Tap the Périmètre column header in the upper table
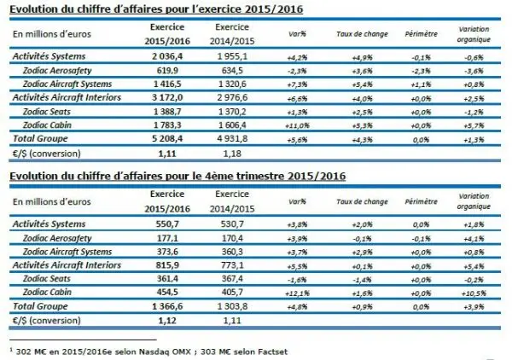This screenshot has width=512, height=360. click(408, 36)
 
